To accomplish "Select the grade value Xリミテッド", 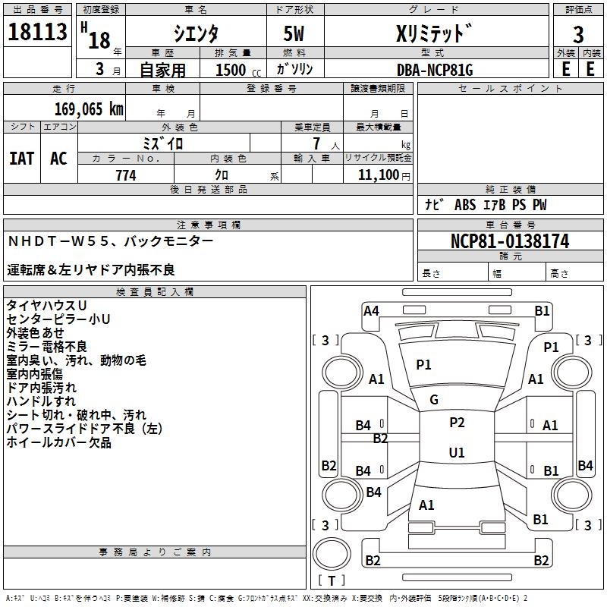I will (x=436, y=34).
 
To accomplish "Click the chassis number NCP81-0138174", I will (x=510, y=241).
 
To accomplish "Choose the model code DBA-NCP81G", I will (x=435, y=70).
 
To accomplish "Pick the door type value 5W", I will (x=294, y=34).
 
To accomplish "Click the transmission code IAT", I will (x=21, y=159).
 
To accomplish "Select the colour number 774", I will (x=126, y=175).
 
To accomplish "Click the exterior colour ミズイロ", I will (x=163, y=143).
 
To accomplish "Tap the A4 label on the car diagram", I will (x=371, y=310).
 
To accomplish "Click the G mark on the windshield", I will (x=434, y=399).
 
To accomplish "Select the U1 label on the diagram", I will (x=457, y=452).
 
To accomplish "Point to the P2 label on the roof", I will (x=457, y=423).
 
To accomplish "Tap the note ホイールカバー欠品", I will (x=59, y=442).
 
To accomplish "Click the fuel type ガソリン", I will (x=294, y=70).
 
